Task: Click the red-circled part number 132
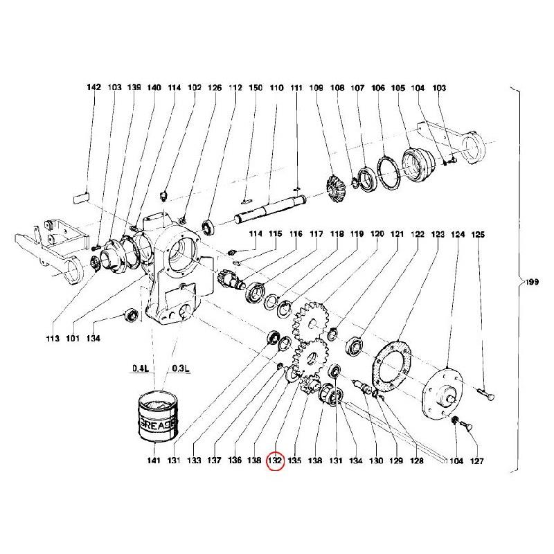click(x=275, y=461)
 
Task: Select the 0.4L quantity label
click(x=141, y=368)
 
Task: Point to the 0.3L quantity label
click(x=181, y=368)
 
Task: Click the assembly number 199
click(x=532, y=282)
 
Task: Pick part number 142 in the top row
click(x=94, y=87)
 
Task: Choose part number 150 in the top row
click(x=256, y=88)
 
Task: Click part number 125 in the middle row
click(x=478, y=235)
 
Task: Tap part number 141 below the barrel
click(x=154, y=461)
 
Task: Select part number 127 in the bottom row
click(x=477, y=461)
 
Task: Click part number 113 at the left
click(x=53, y=339)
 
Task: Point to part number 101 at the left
click(x=73, y=339)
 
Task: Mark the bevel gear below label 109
click(x=334, y=187)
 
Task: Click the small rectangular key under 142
click(x=81, y=198)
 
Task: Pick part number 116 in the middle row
click(x=296, y=234)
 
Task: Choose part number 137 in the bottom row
click(x=215, y=461)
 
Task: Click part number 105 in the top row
click(x=397, y=88)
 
